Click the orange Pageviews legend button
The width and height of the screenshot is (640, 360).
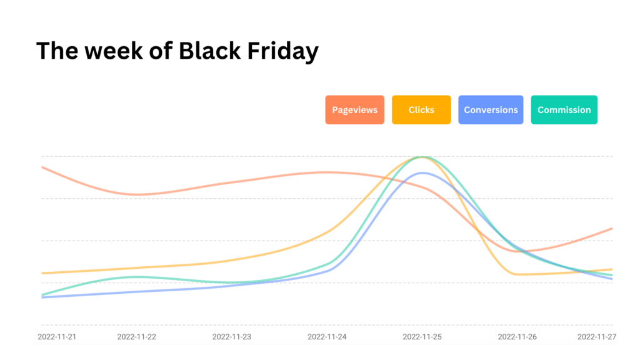355,110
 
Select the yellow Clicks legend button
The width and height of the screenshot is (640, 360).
421,110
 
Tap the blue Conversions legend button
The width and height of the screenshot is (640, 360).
491,110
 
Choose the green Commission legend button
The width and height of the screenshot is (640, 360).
564,110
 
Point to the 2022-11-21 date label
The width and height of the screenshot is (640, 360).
57,337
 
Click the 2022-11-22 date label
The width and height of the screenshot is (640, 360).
136,337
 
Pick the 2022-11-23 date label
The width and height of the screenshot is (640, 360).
232,337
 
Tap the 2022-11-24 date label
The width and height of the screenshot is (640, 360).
327,337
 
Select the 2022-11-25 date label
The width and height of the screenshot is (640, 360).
422,337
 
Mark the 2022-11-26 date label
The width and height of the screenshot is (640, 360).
517,337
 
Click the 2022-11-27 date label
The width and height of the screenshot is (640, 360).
597,337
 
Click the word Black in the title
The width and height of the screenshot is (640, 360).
209,51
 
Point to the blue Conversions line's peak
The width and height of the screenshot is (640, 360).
423,173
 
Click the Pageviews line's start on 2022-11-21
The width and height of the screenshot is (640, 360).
42,167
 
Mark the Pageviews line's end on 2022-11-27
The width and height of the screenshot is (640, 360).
612,229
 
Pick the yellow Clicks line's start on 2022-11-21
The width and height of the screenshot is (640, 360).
42,273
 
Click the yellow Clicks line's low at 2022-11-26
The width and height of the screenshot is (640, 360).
517,274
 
